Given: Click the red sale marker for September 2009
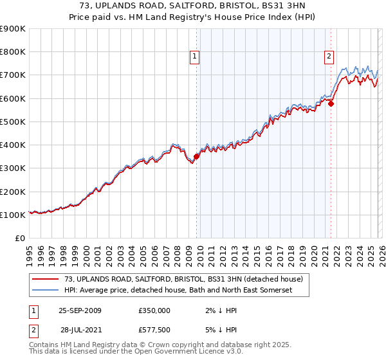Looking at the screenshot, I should coord(196,156).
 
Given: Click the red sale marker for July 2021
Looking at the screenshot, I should coord(331,104).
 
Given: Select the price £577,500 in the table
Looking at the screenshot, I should coord(154,329).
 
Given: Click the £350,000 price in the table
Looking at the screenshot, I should coord(154,310).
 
